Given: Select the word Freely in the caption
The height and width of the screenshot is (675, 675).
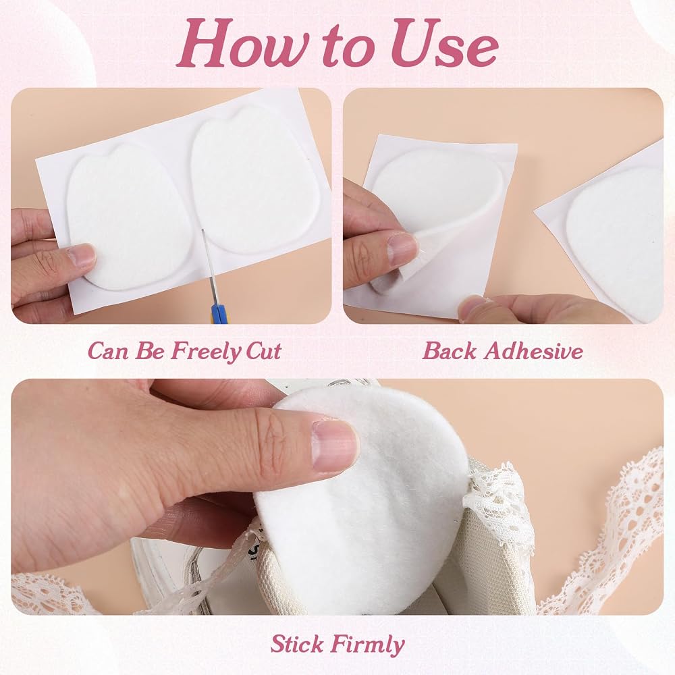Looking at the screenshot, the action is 207,352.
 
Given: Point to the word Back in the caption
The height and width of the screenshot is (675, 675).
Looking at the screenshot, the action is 450,350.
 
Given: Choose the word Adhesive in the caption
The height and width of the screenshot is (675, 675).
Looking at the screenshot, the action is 533,350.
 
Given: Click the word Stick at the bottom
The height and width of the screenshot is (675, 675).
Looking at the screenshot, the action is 297,644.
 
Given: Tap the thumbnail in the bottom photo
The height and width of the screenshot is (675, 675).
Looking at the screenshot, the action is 335,445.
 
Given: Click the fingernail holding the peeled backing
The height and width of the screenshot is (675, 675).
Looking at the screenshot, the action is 403,248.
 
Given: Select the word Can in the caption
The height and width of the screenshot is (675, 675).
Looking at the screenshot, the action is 108,351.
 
